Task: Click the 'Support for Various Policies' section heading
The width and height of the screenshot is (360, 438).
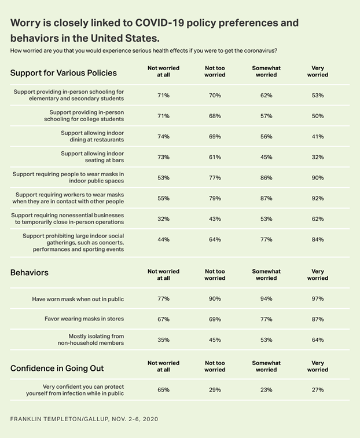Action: point(64,73)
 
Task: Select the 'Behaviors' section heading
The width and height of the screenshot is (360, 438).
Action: point(30,272)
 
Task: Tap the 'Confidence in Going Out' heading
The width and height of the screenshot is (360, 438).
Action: point(57,368)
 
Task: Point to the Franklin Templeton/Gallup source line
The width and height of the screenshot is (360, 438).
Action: point(84,418)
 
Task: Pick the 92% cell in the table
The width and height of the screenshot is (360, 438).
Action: point(317,198)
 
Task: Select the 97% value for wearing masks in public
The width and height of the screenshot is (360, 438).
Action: point(317,299)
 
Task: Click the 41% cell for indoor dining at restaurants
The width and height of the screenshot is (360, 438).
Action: point(317,137)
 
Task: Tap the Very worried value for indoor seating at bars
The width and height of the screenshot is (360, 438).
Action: point(317,157)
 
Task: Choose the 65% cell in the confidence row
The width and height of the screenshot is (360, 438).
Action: point(163,390)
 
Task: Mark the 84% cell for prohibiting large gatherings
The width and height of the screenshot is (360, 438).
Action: point(317,239)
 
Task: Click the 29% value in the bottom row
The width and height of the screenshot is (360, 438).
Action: point(215,390)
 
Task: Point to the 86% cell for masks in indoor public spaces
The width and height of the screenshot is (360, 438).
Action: point(266,178)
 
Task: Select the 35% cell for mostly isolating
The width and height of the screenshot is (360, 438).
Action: point(163,340)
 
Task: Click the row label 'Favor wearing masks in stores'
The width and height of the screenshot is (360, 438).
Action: point(85,319)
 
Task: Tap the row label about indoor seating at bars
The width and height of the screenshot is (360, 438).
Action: point(92,157)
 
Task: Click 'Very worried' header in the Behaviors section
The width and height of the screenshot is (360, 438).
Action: point(317,275)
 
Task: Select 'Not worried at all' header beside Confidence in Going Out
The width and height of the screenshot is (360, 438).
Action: point(163,366)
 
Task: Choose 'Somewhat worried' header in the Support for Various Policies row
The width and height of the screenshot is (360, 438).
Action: point(266,71)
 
